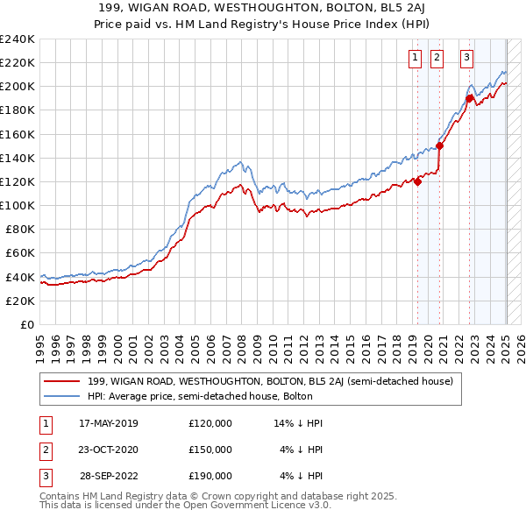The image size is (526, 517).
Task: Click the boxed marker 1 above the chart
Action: tap(414, 59)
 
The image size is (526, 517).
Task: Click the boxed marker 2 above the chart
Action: tap(437, 59)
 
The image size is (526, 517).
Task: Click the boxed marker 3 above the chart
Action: tap(466, 59)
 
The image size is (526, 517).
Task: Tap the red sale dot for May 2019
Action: tap(417, 181)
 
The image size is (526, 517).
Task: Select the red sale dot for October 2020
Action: tap(439, 146)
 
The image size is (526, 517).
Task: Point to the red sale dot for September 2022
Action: tap(469, 99)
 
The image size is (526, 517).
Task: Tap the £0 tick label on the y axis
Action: tap(27, 324)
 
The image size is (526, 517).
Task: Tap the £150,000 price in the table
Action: tap(210, 450)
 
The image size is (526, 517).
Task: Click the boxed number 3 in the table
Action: tap(45, 477)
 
